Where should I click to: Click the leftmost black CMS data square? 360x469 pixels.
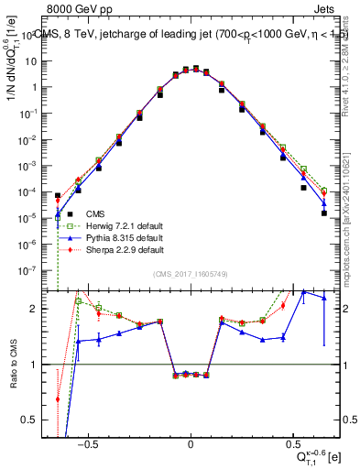[58, 195]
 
